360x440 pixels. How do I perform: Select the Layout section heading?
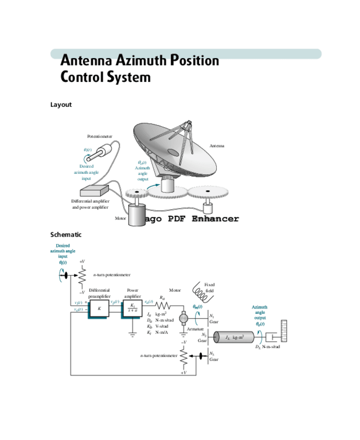61,105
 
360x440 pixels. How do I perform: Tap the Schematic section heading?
66,235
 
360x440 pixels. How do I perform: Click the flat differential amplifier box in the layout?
94,192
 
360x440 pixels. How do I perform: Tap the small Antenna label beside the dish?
216,146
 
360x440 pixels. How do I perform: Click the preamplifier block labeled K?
99,308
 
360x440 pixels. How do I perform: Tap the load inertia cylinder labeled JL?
233,338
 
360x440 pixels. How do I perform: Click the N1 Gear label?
213,319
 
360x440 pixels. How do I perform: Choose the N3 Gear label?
213,356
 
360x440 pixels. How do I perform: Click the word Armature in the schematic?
195,330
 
